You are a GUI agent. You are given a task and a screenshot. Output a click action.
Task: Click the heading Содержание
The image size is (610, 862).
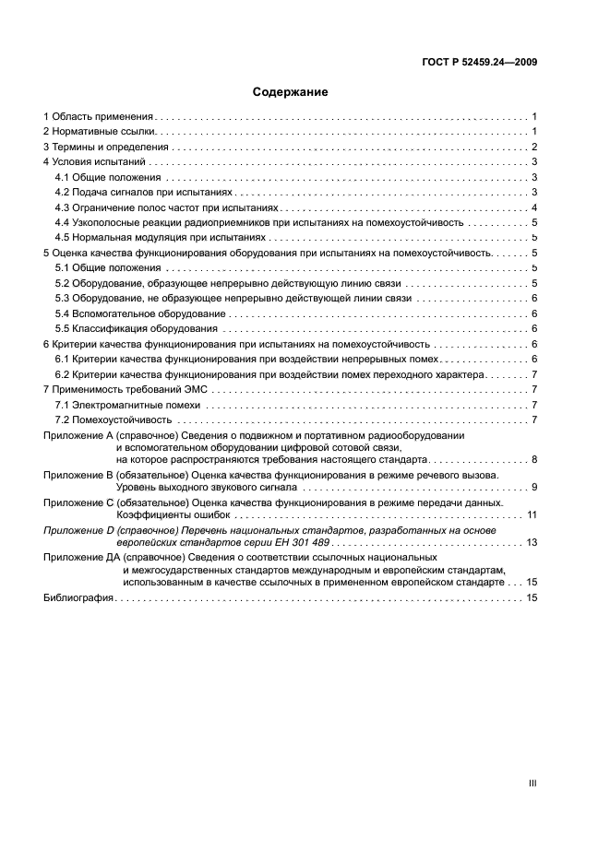[x=291, y=92]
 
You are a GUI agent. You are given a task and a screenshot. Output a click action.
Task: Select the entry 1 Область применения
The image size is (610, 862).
[x=98, y=117]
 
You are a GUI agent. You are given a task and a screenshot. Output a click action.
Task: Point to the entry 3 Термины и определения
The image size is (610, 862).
[x=105, y=147]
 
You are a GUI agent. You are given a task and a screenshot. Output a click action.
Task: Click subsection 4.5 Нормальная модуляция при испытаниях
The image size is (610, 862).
[x=153, y=237]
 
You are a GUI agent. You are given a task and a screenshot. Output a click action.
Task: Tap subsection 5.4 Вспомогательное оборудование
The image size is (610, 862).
[x=134, y=313]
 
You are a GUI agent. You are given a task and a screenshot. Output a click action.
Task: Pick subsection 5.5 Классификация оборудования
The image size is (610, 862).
[x=136, y=328]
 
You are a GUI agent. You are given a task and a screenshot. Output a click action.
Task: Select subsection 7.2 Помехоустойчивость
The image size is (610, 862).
[x=114, y=419]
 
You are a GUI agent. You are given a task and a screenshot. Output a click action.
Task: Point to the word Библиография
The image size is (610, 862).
[x=78, y=598]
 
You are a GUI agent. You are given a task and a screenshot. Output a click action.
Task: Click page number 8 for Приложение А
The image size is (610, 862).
[x=534, y=458]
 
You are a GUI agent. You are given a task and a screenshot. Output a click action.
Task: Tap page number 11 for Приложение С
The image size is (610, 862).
[x=532, y=514]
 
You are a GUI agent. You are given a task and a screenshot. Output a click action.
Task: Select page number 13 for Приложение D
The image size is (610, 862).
[x=532, y=542]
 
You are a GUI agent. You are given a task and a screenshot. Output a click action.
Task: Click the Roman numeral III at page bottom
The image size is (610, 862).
[x=532, y=783]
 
